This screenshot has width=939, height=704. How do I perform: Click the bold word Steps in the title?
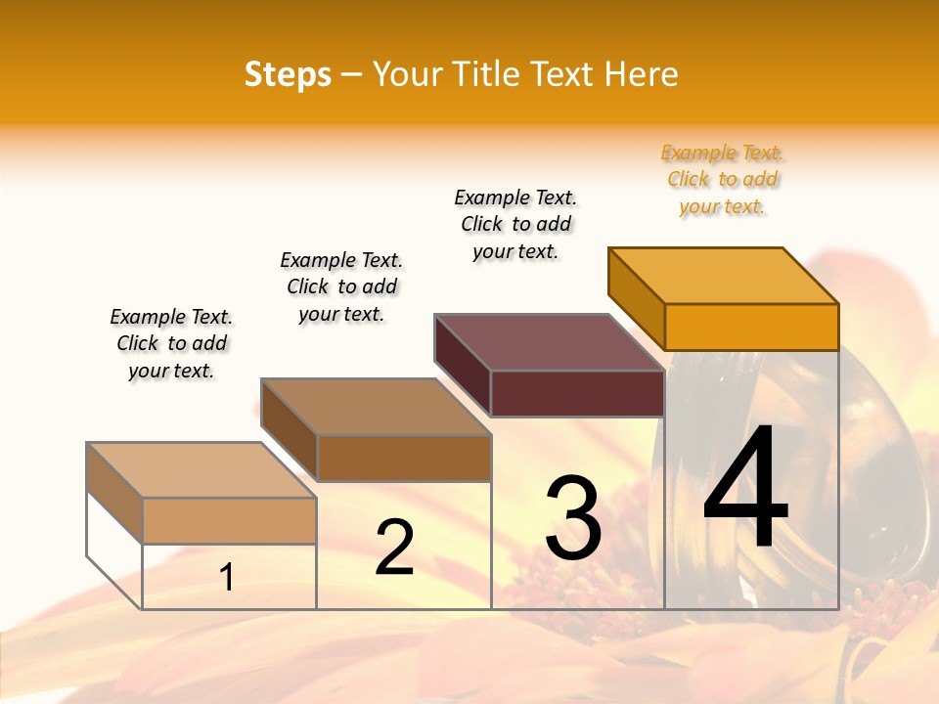[288, 74]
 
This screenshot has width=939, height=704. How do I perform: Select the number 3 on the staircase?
[573, 518]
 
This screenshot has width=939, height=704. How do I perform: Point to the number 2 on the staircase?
[395, 548]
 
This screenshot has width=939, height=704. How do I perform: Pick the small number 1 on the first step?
[227, 578]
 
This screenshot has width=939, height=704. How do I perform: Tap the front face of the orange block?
[751, 327]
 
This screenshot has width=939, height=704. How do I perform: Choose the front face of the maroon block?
[577, 393]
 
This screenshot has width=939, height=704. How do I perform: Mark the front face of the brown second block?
[404, 458]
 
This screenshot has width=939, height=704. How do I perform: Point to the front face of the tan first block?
[229, 520]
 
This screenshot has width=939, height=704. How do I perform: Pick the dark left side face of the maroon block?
[462, 365]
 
